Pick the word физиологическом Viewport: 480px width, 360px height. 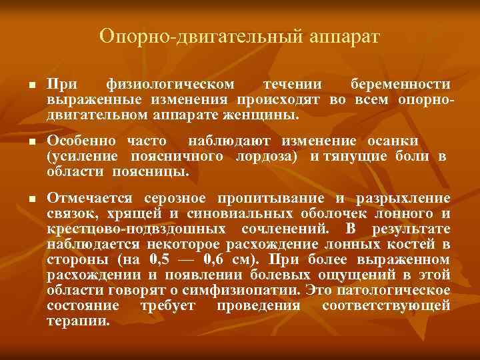click(170, 85)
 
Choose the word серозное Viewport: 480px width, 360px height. click(178, 199)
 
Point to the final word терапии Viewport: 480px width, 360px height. click(77, 320)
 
